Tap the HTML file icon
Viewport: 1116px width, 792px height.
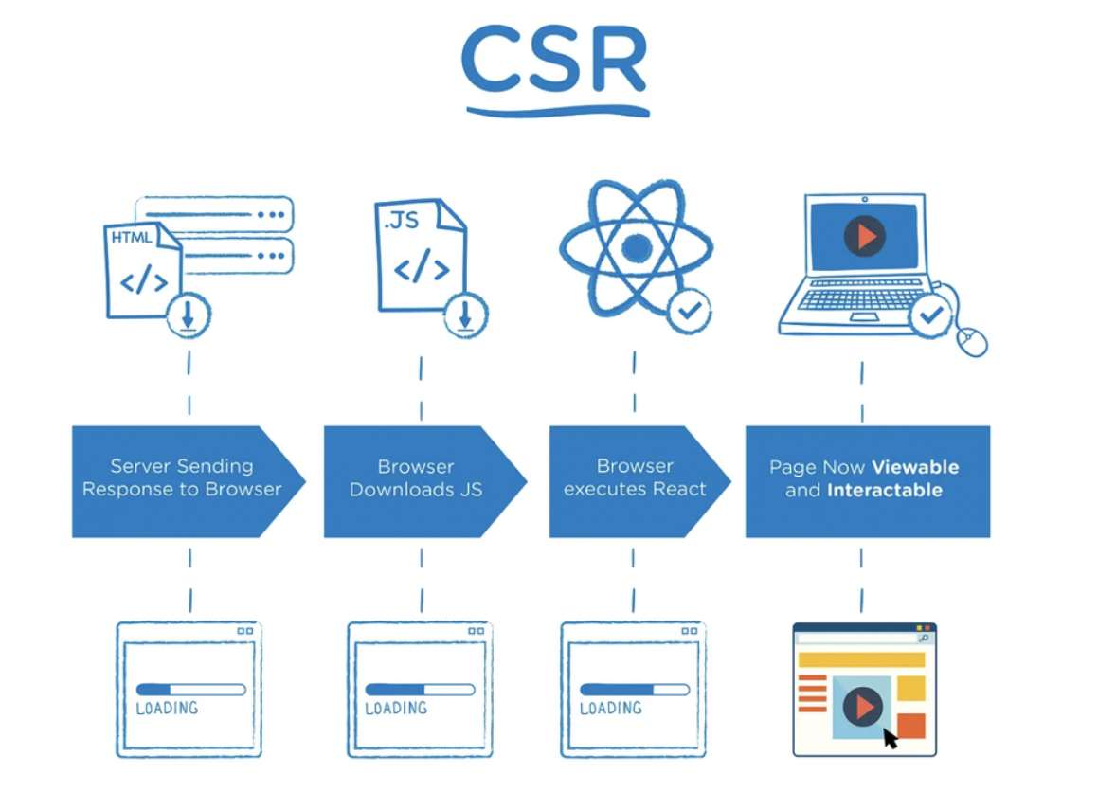click(x=142, y=271)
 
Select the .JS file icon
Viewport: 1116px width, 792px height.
click(x=421, y=255)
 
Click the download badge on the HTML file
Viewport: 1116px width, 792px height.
click(x=189, y=315)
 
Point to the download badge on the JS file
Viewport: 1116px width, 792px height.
click(x=465, y=315)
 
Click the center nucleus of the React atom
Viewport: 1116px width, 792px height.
click(x=637, y=247)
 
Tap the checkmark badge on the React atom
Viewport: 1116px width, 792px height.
click(x=689, y=310)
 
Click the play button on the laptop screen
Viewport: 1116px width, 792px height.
click(x=865, y=236)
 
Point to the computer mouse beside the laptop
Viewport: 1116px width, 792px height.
click(x=972, y=341)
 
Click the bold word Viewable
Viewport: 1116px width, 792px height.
click(x=915, y=467)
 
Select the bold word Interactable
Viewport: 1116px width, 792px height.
click(x=885, y=490)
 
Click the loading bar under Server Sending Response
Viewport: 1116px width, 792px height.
click(x=190, y=690)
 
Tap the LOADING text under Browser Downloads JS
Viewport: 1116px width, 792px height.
click(x=396, y=708)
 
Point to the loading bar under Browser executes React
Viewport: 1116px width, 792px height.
click(x=635, y=690)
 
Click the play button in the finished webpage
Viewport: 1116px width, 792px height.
click(x=863, y=707)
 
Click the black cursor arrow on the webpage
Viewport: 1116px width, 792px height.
click(x=890, y=738)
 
